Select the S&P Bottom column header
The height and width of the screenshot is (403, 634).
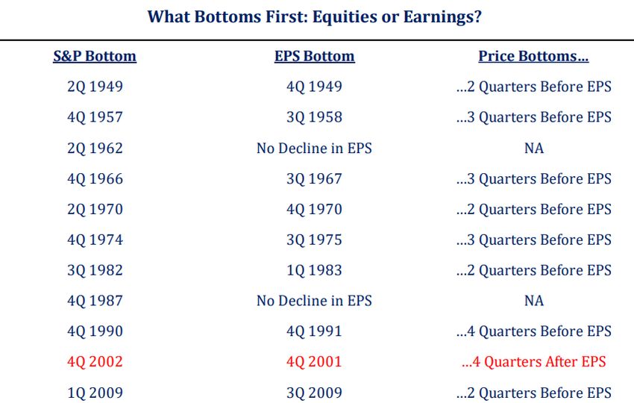pos(95,56)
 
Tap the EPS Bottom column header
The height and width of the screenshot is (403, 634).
pos(315,56)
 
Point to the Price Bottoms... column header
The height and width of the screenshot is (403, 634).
pos(533,56)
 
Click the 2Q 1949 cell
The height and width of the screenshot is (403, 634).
pos(95,87)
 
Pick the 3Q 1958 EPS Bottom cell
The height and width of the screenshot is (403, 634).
pos(314,117)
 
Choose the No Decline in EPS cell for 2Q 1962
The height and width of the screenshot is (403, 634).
pos(314,148)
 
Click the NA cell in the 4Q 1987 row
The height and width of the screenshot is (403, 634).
pos(534,301)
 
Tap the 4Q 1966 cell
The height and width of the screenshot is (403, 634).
pos(95,179)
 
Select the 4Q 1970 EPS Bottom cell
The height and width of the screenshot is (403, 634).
pos(314,209)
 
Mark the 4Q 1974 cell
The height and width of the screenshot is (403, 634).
pos(95,240)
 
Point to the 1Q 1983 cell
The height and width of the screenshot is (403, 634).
pos(314,270)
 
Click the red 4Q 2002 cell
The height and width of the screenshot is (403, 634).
pos(95,362)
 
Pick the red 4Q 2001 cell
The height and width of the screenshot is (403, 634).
pos(314,362)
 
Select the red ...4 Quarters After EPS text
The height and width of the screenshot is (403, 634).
pos(534,362)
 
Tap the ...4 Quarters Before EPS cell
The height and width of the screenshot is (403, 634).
pos(534,331)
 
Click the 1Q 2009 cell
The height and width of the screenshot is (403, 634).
pos(95,393)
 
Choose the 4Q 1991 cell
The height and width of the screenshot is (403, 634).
pos(314,331)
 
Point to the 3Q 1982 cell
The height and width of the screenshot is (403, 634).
pos(95,270)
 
